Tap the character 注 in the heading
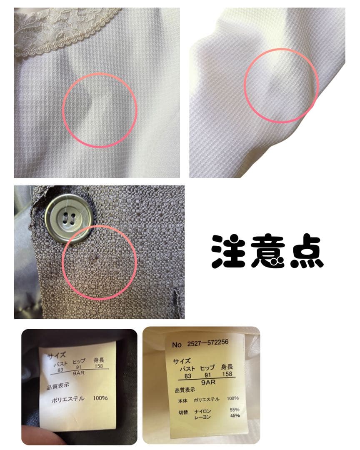click(x=229, y=252)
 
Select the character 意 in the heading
click(x=267, y=251)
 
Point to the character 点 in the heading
click(x=307, y=251)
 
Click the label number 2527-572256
click(x=208, y=342)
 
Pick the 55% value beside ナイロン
click(x=235, y=410)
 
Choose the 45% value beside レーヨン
click(x=235, y=415)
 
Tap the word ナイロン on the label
click(x=202, y=411)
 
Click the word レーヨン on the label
click(x=202, y=417)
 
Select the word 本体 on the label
click(x=182, y=401)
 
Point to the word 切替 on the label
click(x=183, y=412)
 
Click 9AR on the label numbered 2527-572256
click(x=208, y=382)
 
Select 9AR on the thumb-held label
click(x=78, y=373)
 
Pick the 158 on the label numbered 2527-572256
click(x=227, y=374)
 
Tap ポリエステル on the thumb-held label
click(x=68, y=399)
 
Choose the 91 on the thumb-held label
click(x=79, y=367)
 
